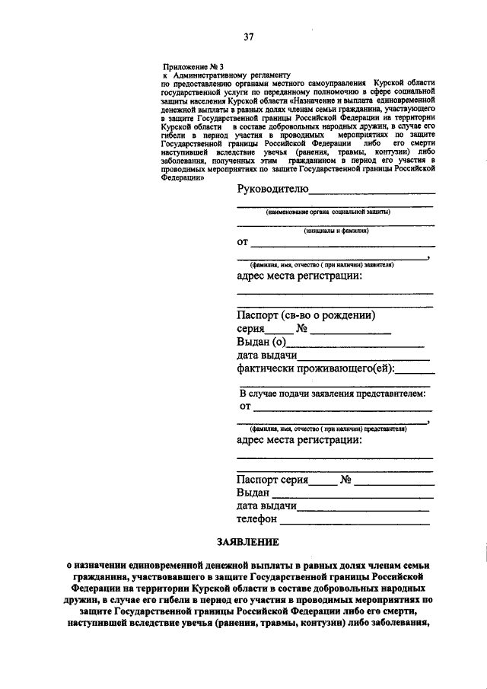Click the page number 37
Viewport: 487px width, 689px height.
click(x=248, y=37)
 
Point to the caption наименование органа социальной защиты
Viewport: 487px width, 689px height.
click(x=327, y=212)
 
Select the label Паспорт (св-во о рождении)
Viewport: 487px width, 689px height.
click(x=307, y=315)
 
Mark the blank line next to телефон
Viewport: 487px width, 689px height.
click(x=355, y=523)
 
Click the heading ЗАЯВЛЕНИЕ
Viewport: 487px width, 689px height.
click(x=247, y=542)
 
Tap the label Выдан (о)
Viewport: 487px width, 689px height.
click(x=260, y=342)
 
